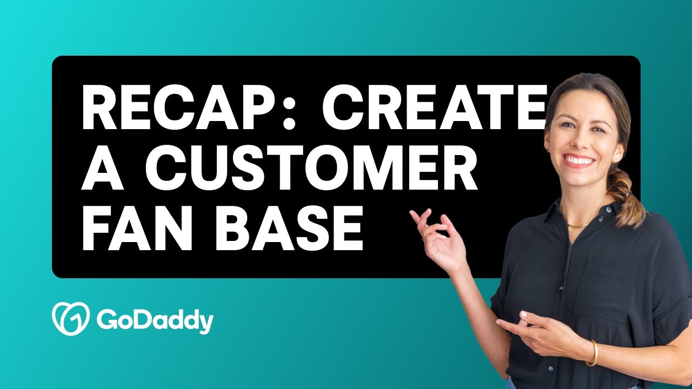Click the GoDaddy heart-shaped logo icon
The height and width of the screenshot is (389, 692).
70,319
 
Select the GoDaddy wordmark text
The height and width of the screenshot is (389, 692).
155,321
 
